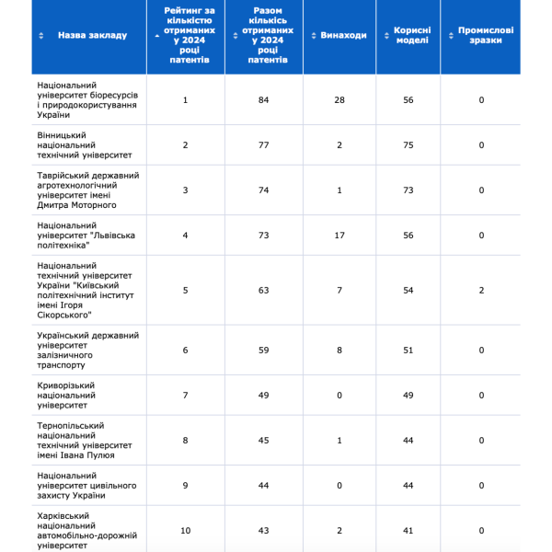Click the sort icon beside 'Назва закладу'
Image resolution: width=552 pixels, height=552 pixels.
click(x=41, y=35)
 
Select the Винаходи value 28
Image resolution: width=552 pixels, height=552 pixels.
click(x=339, y=99)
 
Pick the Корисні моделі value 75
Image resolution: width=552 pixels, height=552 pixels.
click(x=408, y=145)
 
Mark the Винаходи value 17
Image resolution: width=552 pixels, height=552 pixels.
click(x=339, y=236)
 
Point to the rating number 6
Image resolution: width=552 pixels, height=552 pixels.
click(x=185, y=350)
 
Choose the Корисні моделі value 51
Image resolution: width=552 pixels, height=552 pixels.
click(x=408, y=350)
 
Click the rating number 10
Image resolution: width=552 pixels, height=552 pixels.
click(x=185, y=530)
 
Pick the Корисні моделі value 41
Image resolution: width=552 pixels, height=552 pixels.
click(x=408, y=530)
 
